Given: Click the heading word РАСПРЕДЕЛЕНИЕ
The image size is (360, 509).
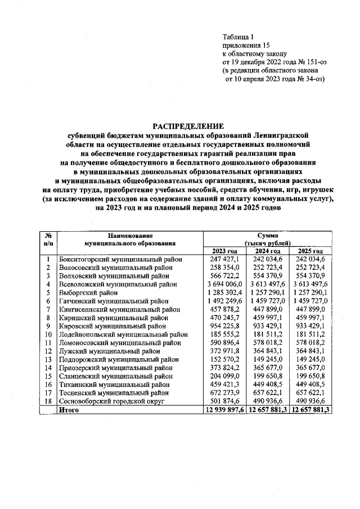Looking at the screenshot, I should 187,126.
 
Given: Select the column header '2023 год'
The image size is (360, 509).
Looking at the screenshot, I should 224,250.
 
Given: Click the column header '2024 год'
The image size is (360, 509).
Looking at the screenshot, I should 267,250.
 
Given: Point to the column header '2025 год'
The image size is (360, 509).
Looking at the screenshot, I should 310,250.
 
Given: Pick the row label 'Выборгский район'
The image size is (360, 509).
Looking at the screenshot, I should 88,293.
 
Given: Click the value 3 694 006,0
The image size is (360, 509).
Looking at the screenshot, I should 224,285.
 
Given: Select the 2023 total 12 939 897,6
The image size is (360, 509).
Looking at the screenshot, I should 224,411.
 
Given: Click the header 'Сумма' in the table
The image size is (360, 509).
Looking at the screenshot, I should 267,235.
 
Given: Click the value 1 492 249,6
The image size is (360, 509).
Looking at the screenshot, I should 224,301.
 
